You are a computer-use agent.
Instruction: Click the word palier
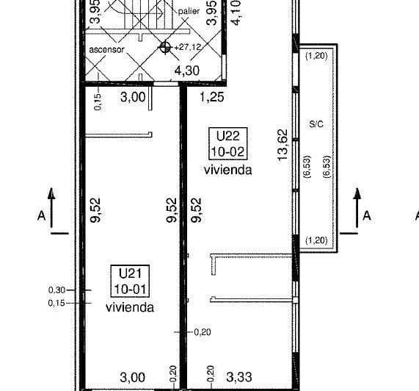coord(189,12)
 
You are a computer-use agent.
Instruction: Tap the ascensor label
coord(106,49)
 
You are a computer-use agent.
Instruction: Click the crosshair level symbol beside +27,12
coord(166,47)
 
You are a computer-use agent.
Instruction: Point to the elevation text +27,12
coord(188,46)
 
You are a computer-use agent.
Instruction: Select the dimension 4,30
coord(186,71)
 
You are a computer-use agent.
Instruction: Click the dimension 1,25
coord(213,96)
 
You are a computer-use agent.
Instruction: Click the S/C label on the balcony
coord(316,124)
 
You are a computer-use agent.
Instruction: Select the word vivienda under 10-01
coord(129,307)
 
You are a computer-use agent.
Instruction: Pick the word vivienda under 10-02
coord(228,170)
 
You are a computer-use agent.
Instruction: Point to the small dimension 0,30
coord(57,290)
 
